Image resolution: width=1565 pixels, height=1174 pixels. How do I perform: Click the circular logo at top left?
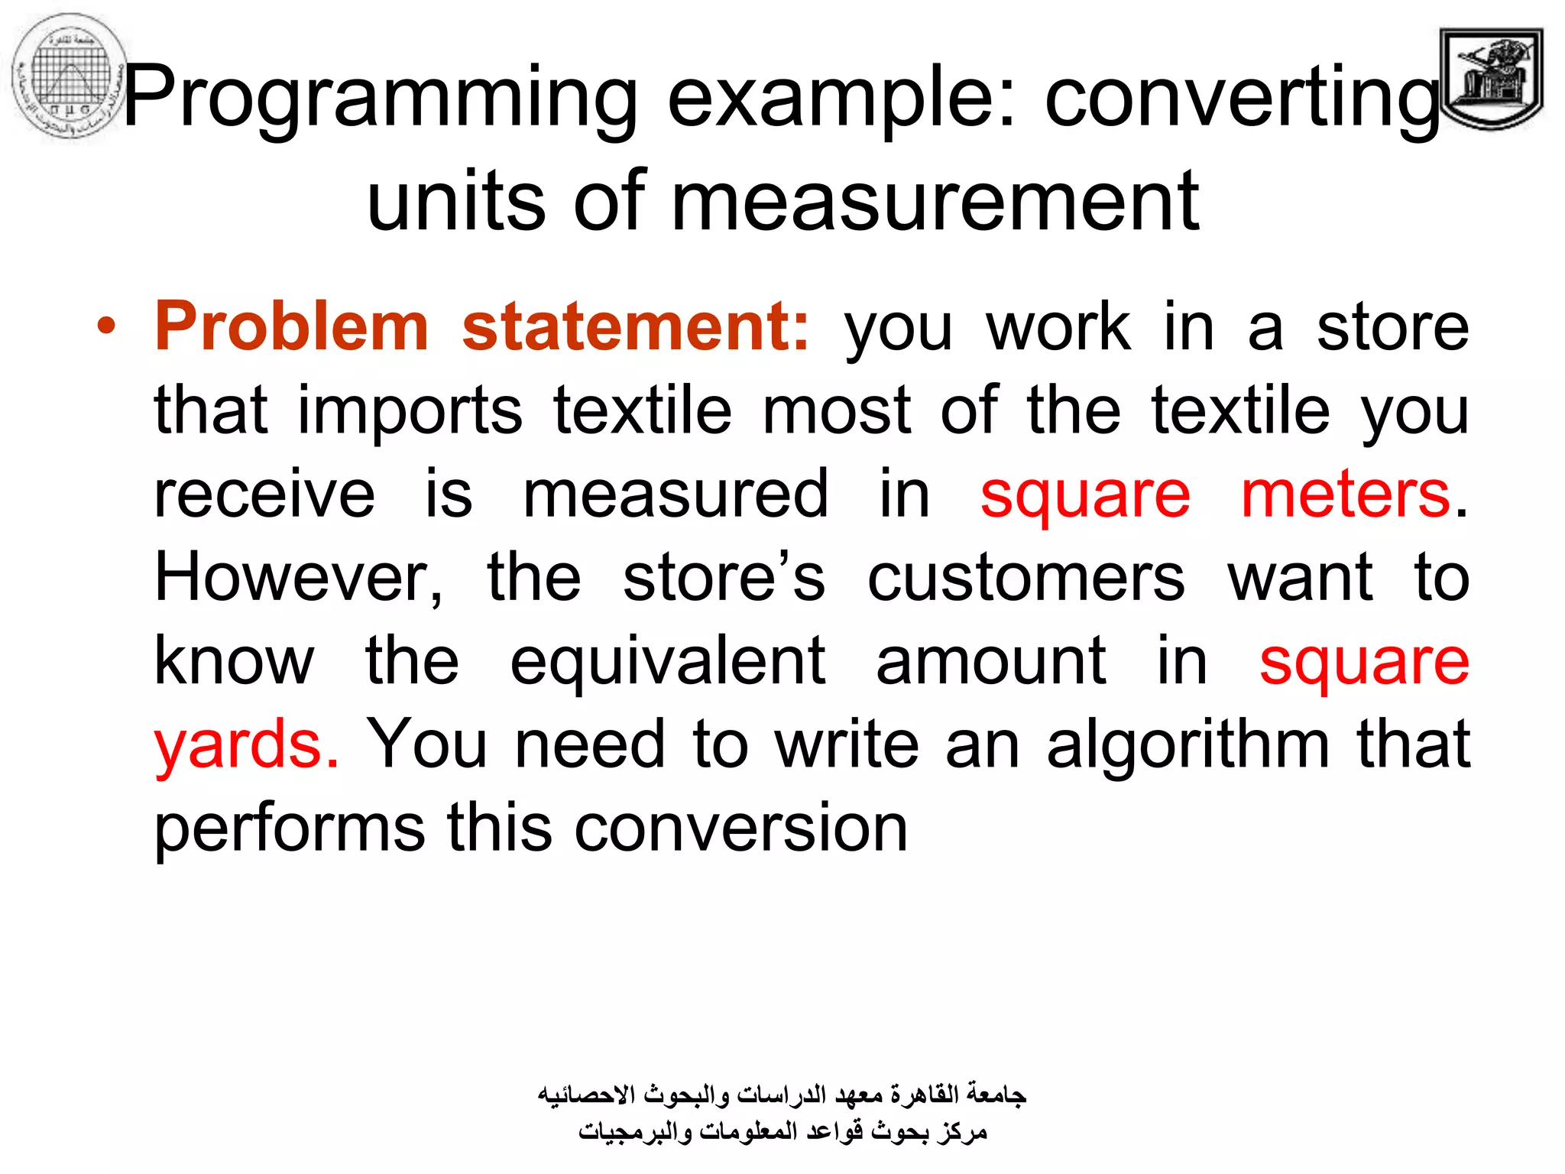70,77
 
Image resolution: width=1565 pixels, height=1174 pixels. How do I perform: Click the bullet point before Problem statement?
106,328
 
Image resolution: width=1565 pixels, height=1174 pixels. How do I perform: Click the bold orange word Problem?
291,328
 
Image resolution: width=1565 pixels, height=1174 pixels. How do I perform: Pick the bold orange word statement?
635,328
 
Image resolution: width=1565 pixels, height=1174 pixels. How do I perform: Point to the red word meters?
1345,495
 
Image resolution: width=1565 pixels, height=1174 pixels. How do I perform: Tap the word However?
298,578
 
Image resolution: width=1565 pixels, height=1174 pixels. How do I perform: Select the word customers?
1026,578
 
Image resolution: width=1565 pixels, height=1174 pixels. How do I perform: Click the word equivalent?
667,661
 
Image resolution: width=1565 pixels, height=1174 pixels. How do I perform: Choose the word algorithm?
1188,744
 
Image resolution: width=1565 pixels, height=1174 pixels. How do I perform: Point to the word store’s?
724,578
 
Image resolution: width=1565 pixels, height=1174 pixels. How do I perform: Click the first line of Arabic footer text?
781,1095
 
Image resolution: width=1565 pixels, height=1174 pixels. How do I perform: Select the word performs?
289,828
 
